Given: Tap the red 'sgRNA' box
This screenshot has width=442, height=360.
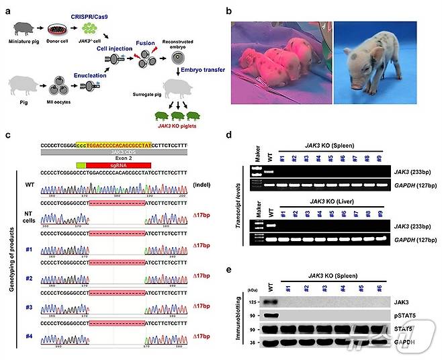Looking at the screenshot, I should point(118,165).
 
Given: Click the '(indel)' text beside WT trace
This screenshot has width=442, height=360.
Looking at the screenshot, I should point(200,184).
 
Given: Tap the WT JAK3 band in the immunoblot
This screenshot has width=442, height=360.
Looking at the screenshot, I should point(270,303).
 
